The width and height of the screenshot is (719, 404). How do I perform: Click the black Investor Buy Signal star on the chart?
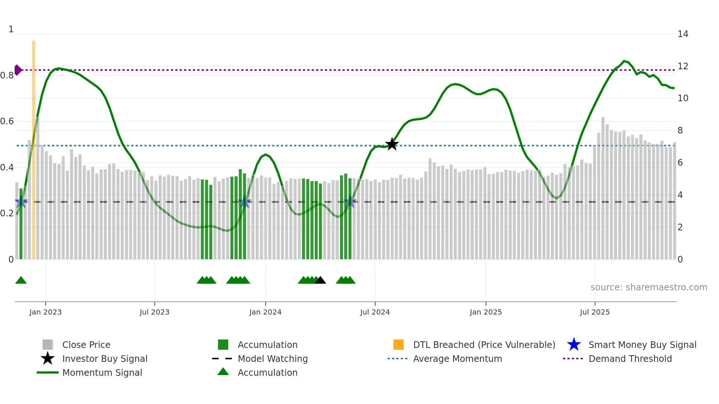tap(392, 144)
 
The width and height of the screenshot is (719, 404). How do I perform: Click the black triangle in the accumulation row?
tap(320, 280)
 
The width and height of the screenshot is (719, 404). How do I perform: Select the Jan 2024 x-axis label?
tap(265, 312)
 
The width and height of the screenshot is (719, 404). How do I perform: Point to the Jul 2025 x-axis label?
tap(595, 312)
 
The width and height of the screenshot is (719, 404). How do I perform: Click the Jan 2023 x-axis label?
tap(45, 312)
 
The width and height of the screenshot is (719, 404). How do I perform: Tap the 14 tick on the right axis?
tap(683, 34)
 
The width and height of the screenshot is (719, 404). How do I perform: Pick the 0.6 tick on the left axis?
tap(7, 121)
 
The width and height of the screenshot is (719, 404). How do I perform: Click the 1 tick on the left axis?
tap(11, 29)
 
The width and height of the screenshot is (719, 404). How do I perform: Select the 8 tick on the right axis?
tap(680, 131)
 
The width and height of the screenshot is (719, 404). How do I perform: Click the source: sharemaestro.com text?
tap(649, 287)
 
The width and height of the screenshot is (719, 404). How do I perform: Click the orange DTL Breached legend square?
tap(398, 345)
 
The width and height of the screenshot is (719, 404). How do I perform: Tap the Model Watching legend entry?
tap(272, 359)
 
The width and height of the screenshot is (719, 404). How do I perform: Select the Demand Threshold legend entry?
tap(630, 359)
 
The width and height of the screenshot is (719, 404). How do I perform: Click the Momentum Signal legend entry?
tap(102, 372)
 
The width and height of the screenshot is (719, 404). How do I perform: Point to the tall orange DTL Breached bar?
tap(34, 147)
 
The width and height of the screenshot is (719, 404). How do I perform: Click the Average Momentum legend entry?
tap(457, 359)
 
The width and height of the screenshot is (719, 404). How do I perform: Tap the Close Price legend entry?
tap(86, 345)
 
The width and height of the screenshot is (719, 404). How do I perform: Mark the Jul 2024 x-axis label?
tap(375, 312)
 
